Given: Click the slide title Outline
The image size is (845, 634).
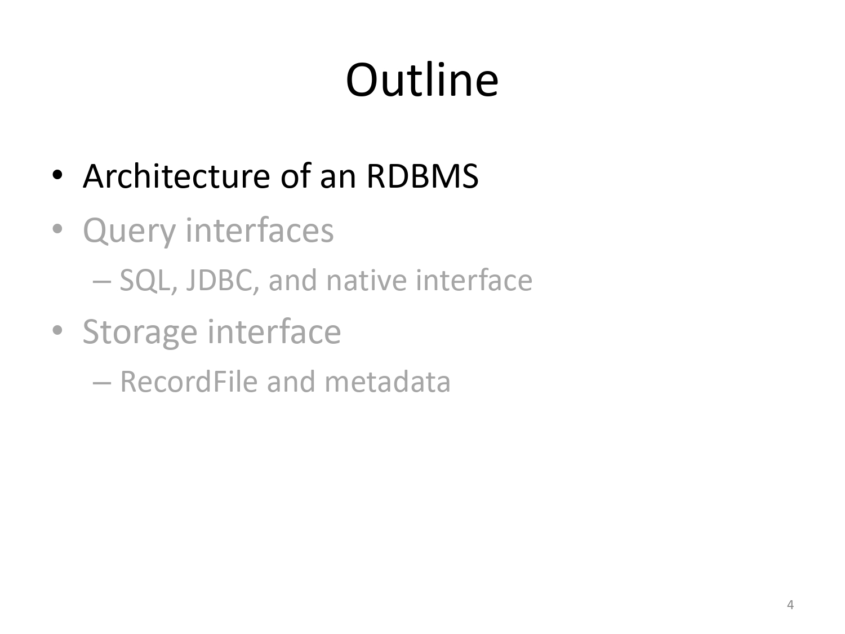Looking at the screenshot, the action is pyautogui.click(x=422, y=80).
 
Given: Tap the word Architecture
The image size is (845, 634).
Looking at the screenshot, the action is pyautogui.click(x=176, y=176).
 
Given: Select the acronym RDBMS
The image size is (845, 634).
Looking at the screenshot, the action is pyautogui.click(x=422, y=176).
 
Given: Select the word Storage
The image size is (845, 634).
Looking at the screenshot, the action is pyautogui.click(x=140, y=332).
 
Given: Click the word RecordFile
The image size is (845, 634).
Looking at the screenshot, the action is pyautogui.click(x=189, y=382).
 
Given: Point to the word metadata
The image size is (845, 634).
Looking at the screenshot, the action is pyautogui.click(x=387, y=382).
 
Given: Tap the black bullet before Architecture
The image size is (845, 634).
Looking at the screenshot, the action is pyautogui.click(x=57, y=175).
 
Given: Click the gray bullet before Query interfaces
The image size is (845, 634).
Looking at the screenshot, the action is pyautogui.click(x=57, y=229).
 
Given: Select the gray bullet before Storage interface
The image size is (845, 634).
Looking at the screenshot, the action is pyautogui.click(x=57, y=330).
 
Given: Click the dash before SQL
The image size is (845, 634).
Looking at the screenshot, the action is pyautogui.click(x=102, y=282).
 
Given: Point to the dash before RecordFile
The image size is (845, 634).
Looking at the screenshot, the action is pyautogui.click(x=102, y=383).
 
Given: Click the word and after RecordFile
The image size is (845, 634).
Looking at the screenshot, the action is pyautogui.click(x=291, y=382).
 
